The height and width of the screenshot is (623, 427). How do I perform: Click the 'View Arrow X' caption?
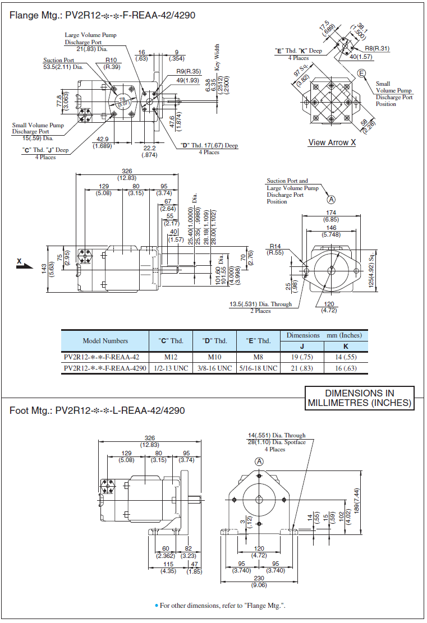click(x=332, y=142)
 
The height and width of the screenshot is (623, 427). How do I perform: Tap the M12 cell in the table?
click(x=172, y=357)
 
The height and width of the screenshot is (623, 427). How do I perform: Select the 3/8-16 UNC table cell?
click(x=213, y=368)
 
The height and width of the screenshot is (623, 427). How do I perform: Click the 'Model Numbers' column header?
click(x=105, y=340)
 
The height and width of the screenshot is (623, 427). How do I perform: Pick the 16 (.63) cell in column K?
click(x=346, y=368)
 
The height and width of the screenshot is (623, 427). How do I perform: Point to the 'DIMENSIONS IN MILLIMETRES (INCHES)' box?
click(x=360, y=398)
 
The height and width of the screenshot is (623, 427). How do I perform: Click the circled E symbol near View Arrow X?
click(x=362, y=73)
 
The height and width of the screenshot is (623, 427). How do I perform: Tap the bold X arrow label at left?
click(x=19, y=261)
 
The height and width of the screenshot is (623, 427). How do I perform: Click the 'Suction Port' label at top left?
click(x=59, y=61)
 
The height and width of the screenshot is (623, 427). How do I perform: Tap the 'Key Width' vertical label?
click(x=217, y=57)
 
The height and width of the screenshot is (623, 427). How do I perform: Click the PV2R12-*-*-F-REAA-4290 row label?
click(x=105, y=368)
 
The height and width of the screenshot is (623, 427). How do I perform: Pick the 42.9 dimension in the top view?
click(x=102, y=139)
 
